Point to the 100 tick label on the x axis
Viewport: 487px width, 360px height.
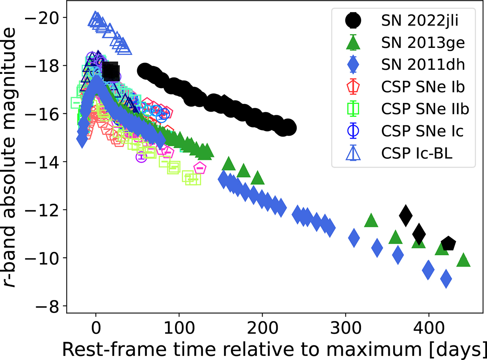(x=179, y=326)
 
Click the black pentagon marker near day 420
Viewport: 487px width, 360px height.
(x=448, y=244)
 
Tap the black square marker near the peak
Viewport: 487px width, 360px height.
(x=110, y=72)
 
